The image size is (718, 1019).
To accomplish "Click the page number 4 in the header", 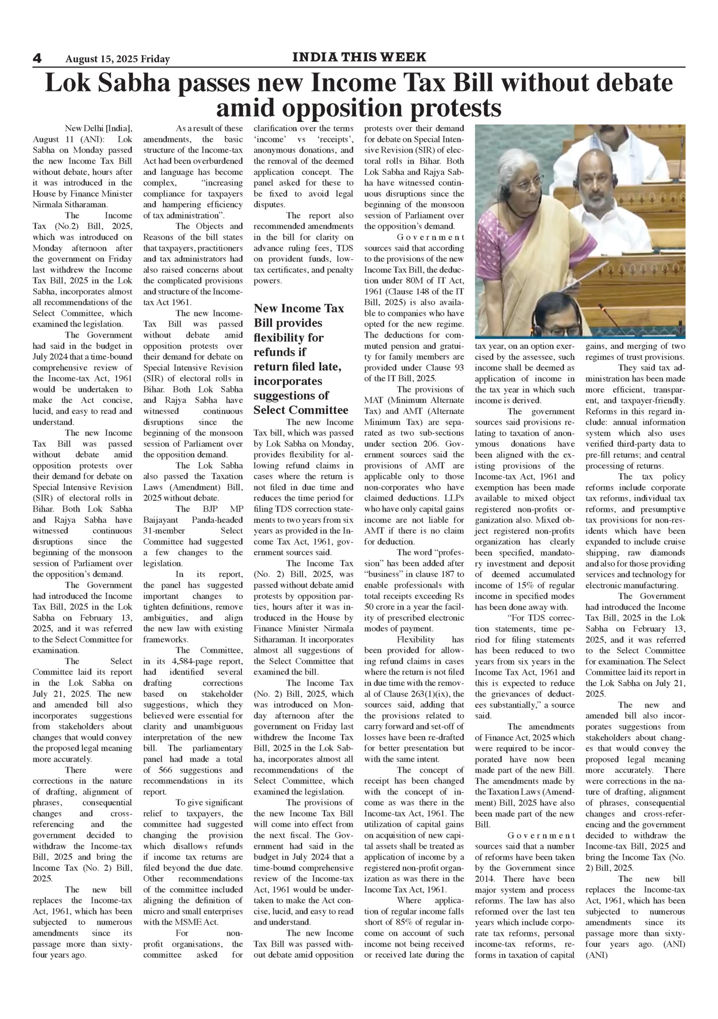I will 37,58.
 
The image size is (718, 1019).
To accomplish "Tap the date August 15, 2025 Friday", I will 118,59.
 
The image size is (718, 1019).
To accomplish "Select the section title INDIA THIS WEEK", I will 359,57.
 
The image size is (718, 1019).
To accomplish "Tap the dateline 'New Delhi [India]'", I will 99,128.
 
